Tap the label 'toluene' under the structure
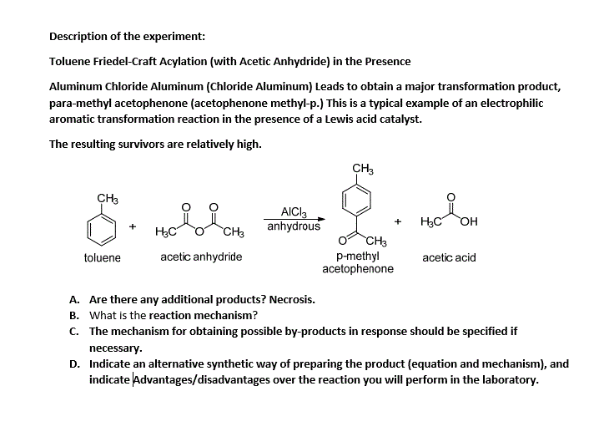103,257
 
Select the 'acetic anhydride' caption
201,257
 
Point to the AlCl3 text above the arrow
294,212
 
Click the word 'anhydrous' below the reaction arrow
294,226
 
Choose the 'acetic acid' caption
449,257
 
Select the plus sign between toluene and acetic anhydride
133,226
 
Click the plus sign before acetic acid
398,221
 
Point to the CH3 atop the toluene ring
108,198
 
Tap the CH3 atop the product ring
362,170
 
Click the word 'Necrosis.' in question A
291,299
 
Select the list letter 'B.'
74,315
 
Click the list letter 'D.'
74,364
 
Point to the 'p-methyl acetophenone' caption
358,262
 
